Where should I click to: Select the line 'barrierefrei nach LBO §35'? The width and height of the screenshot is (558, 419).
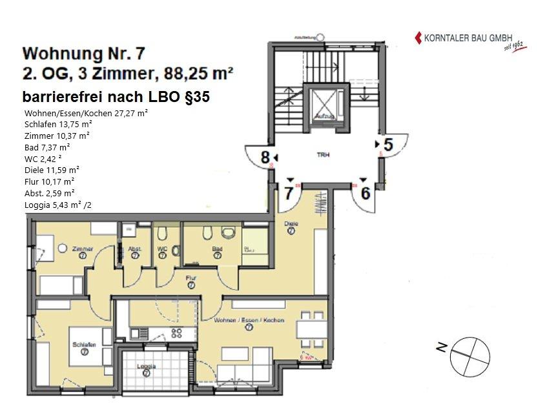(x=116, y=97)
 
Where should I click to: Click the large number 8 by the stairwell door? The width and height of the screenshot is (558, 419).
(x=264, y=157)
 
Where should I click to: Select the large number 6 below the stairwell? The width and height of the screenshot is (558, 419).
(x=365, y=192)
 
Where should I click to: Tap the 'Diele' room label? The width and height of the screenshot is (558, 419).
(x=291, y=224)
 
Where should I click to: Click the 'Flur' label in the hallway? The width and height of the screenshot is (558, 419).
(x=191, y=278)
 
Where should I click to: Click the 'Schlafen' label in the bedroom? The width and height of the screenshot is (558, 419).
(x=84, y=345)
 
